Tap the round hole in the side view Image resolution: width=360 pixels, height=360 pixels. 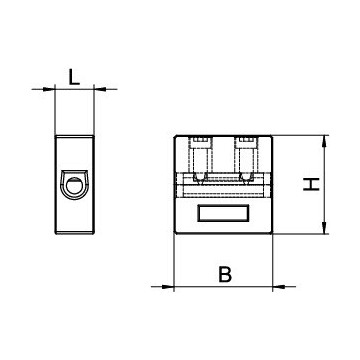point(75,184)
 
